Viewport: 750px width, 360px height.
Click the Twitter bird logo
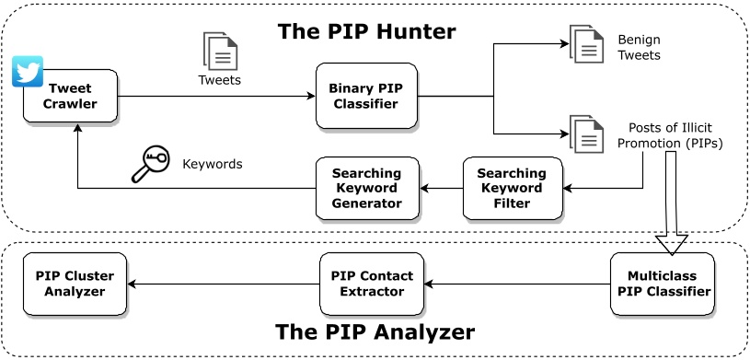click(x=28, y=72)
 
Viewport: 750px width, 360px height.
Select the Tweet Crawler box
click(x=71, y=96)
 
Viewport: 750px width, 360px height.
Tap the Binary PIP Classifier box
click(x=366, y=96)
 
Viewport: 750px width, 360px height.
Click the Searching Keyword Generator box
click(x=366, y=188)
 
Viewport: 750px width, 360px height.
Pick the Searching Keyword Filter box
click(x=512, y=188)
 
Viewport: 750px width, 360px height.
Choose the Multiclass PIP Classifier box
click(x=662, y=284)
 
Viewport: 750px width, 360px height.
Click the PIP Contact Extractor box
click(x=372, y=284)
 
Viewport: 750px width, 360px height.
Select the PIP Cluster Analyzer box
click(x=75, y=284)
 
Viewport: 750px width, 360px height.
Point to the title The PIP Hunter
click(x=366, y=32)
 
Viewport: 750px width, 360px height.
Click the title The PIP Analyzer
click(x=375, y=331)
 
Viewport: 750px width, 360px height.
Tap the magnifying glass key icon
click(x=149, y=165)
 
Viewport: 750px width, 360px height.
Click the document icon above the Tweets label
click(x=220, y=51)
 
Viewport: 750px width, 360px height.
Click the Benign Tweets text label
click(x=639, y=48)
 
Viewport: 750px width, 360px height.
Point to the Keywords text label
click(x=212, y=165)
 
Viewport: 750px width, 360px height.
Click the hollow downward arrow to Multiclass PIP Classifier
click(x=671, y=203)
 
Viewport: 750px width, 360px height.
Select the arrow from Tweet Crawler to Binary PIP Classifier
click(x=216, y=96)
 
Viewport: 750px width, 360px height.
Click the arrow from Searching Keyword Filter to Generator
click(x=441, y=189)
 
